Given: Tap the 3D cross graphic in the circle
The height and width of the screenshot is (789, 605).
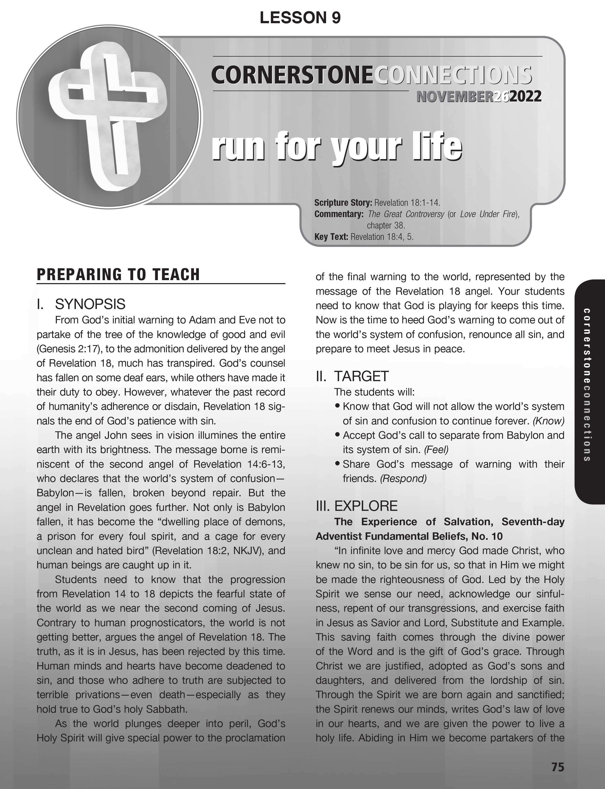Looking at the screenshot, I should (x=108, y=115).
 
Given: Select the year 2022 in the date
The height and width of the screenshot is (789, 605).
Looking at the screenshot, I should (x=525, y=97).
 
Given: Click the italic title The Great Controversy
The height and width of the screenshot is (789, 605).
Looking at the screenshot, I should (x=406, y=214).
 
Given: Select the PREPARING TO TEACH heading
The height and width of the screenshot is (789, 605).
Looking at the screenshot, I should (x=118, y=274).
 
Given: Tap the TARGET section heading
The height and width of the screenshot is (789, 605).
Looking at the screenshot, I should (x=361, y=376).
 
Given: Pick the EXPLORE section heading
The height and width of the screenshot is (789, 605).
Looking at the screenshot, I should (x=366, y=506).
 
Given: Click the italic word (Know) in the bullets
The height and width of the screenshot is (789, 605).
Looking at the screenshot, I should (x=548, y=421).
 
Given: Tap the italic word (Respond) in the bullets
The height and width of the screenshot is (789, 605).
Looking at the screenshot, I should (x=403, y=478).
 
